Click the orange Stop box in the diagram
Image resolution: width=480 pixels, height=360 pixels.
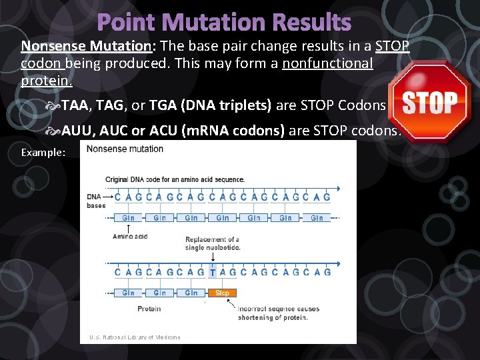222,293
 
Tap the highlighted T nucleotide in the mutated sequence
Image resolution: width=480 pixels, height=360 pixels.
213,272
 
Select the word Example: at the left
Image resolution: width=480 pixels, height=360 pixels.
43,153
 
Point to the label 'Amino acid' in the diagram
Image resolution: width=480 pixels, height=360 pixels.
129,236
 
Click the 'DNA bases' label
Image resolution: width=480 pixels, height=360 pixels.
96,201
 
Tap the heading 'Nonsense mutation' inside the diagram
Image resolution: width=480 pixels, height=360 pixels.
125,149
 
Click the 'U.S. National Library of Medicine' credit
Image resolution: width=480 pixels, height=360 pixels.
135,337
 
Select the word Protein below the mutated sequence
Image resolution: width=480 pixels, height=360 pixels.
149,309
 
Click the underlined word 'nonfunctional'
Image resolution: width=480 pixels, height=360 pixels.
327,63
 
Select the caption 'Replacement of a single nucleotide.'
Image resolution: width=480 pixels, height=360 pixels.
213,243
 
